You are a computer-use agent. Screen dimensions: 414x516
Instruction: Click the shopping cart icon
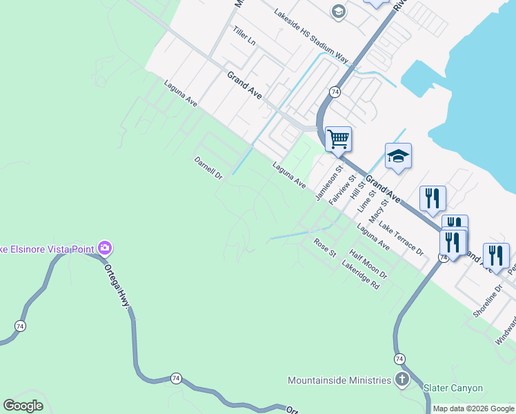(x=338, y=139)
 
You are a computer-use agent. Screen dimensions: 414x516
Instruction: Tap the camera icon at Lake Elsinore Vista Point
(x=105, y=248)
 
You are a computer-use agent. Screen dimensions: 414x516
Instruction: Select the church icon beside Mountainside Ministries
(x=402, y=379)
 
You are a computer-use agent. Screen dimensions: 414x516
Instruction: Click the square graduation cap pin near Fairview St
(x=398, y=156)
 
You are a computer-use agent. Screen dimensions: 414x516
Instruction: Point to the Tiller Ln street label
(x=244, y=37)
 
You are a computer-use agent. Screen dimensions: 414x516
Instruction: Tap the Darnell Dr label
(x=208, y=168)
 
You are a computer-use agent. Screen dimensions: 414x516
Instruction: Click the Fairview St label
(x=342, y=189)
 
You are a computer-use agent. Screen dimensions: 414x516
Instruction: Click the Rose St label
(x=324, y=248)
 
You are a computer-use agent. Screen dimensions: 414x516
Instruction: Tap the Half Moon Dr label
(x=368, y=264)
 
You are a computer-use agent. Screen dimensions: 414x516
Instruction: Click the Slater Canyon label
(x=453, y=388)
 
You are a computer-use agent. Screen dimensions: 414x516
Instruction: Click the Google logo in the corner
(x=23, y=406)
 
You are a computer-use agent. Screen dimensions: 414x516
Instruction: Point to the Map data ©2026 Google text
(x=473, y=408)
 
